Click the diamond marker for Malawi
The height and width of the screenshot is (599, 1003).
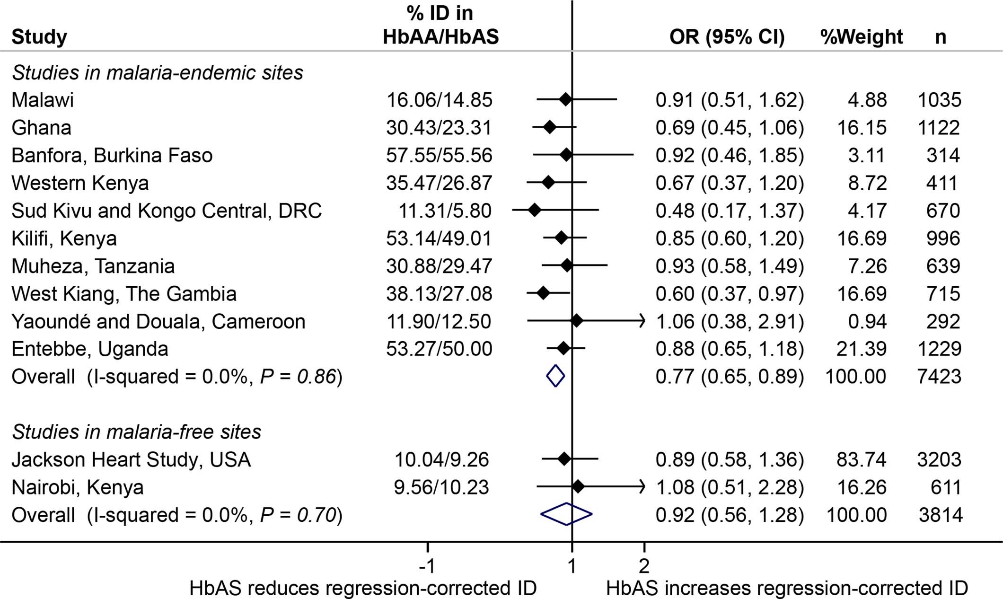565,99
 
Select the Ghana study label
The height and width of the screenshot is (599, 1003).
42,128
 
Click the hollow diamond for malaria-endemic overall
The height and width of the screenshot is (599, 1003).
555,376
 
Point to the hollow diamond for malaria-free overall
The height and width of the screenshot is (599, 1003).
566,514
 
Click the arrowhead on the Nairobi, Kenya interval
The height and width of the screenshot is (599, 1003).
642,487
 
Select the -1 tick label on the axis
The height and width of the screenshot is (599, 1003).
427,565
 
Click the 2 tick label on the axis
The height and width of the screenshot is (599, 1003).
644,565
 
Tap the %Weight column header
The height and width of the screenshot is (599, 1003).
862,37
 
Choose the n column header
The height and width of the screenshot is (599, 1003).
941,37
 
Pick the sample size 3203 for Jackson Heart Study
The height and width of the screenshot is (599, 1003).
939,459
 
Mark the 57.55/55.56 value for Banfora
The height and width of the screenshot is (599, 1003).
439,155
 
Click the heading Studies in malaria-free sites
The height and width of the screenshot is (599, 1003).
137,432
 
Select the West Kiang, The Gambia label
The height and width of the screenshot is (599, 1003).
124,294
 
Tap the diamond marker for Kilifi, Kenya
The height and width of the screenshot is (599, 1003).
561,238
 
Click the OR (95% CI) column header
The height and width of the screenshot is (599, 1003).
727,37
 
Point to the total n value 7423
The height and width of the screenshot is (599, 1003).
939,377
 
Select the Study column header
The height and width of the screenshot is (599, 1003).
39,37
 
